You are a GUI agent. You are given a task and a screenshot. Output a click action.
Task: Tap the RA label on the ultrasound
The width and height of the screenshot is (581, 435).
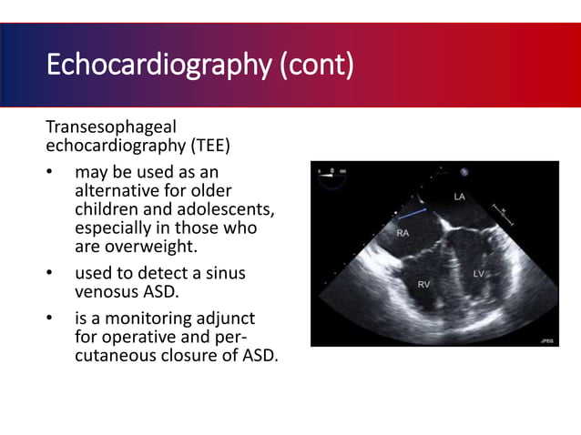(x=403, y=233)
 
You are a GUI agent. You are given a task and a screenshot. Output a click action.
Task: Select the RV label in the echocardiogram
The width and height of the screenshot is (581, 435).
(x=424, y=285)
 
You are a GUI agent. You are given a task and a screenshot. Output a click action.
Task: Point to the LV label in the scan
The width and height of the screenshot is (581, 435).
(x=480, y=273)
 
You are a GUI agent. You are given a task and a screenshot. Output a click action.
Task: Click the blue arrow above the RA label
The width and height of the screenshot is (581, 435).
(x=413, y=214)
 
